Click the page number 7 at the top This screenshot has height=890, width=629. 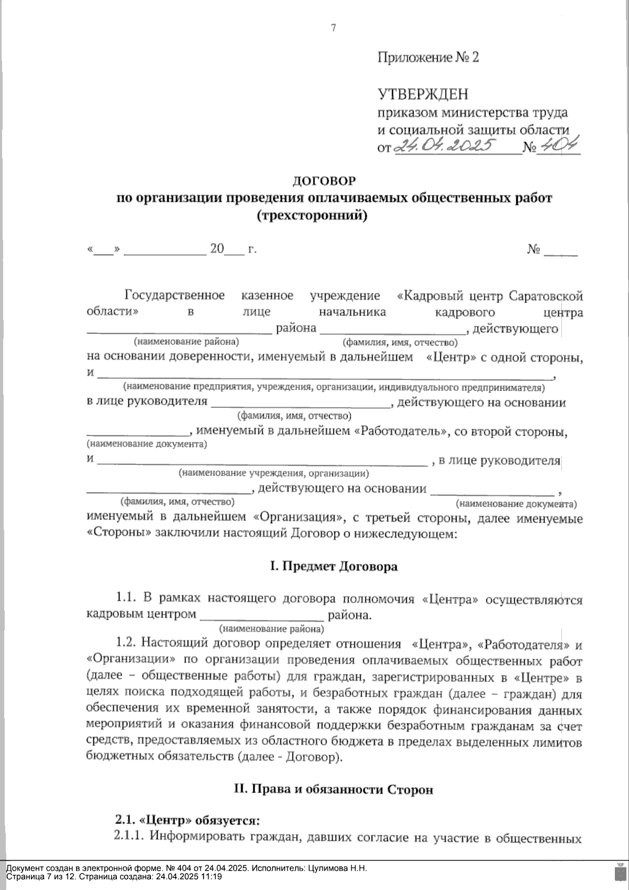(x=333, y=28)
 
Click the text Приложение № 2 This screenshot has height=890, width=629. (x=428, y=57)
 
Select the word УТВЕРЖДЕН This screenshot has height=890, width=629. (x=423, y=94)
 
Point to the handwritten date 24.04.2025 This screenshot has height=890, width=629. (x=446, y=145)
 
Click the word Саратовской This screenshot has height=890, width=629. (x=546, y=296)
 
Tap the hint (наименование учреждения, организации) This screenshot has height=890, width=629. (x=274, y=473)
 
